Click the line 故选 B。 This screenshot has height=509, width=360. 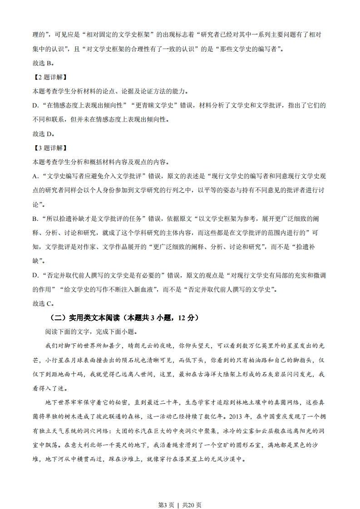pyautogui.click(x=43, y=64)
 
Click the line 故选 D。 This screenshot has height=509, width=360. pyautogui.click(x=44, y=134)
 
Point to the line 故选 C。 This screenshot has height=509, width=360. pyautogui.click(x=44, y=303)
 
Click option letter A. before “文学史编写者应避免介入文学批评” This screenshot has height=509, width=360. pyautogui.click(x=35, y=176)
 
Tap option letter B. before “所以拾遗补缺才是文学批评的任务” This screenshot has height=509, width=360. pyautogui.click(x=35, y=219)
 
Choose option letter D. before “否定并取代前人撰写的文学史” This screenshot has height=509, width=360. pyautogui.click(x=35, y=275)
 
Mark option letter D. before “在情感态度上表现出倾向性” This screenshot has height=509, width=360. pyautogui.click(x=35, y=106)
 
